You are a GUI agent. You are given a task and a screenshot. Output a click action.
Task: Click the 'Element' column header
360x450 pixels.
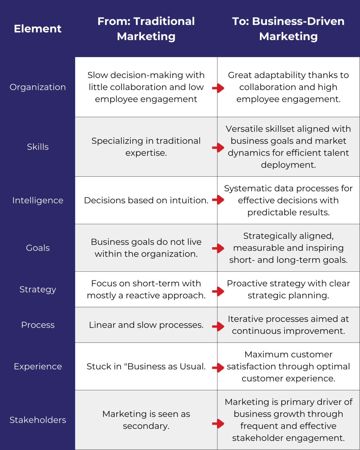coord(38,29)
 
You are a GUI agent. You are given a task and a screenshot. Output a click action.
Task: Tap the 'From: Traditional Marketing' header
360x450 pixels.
coord(146,29)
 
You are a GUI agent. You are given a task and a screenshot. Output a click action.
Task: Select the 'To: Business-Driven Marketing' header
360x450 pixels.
coord(288,29)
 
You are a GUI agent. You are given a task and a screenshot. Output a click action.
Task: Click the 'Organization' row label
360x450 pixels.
coord(38,87)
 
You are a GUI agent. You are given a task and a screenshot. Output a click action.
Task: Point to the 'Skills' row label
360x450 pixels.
coord(38,147)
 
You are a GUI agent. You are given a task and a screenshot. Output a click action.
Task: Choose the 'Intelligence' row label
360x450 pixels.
coord(38,200)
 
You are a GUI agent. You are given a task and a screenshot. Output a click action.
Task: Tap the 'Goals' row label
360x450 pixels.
coord(38,248)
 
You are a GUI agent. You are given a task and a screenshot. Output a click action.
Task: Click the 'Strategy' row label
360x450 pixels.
coord(38,289)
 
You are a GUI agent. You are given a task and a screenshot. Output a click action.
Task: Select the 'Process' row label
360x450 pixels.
coord(38,325)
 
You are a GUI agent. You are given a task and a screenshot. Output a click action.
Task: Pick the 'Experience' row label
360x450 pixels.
coord(38,366)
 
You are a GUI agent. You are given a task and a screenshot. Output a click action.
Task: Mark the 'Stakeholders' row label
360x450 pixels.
coord(38,420)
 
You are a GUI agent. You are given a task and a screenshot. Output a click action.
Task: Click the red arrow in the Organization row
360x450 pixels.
coord(218,88)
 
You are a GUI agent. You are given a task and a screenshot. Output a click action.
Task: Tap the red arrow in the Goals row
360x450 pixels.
coord(218,248)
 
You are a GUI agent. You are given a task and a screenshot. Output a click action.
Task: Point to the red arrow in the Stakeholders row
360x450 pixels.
coord(218,424)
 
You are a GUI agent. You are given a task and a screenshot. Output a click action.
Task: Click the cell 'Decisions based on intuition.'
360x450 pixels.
coord(146,200)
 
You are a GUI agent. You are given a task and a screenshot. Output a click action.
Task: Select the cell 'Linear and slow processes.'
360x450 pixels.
coord(146,325)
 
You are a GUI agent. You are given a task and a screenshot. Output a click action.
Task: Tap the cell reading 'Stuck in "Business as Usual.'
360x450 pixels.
coord(146,366)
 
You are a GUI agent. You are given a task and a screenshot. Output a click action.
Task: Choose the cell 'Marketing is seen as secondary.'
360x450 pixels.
coord(146,420)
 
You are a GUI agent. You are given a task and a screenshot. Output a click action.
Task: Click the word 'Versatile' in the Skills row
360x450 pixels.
coord(242,129)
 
